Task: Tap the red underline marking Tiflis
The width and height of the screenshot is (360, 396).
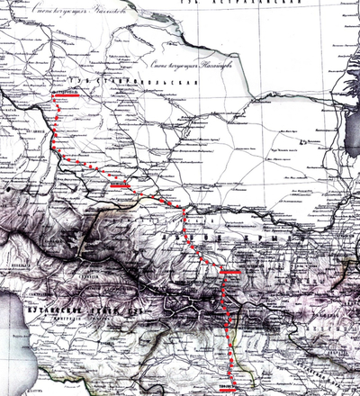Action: click(x=229, y=390)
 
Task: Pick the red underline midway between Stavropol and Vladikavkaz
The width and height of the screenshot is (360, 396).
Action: click(x=120, y=184)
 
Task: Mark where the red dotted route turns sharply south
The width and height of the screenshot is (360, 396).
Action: click(x=186, y=210)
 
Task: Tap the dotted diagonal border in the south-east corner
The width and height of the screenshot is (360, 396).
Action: click(x=333, y=378)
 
